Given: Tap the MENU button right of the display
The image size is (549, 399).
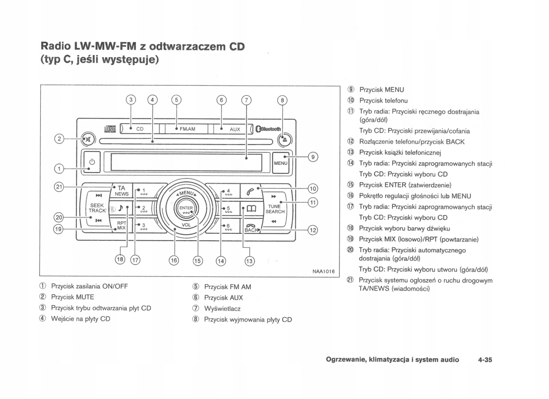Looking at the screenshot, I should pos(280,163).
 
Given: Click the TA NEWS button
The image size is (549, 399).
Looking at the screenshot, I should pos(122,190).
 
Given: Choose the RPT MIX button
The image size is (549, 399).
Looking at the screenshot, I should pos(121,225).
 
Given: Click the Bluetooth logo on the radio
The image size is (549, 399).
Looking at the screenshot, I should pos(269,129).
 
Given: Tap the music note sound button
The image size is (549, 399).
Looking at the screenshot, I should pos(121,208).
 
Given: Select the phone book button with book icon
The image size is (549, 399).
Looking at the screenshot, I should pos(251,209).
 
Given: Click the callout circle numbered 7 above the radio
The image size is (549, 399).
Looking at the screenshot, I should pos(247,100).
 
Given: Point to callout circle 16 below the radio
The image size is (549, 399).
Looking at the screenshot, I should pos(174,260).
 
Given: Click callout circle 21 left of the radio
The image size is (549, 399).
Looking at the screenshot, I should pos(58,187).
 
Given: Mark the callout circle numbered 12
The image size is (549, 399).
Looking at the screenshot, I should pos(312,230).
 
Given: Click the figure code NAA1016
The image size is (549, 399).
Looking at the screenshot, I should pos(323,271).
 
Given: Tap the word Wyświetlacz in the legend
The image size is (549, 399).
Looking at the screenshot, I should pos(222,309).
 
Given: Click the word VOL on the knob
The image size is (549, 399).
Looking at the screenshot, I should pos(186,225).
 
